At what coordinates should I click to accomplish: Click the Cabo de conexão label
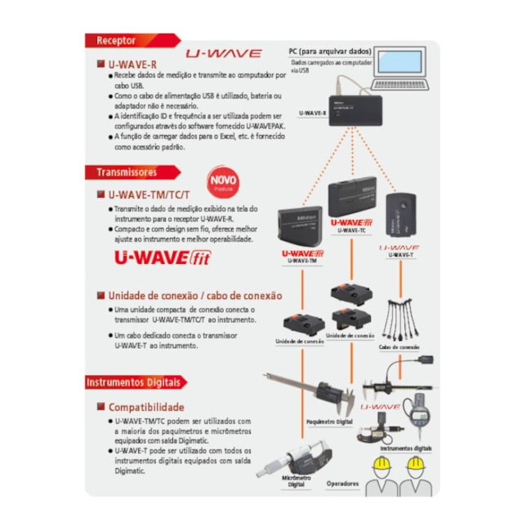[399, 347]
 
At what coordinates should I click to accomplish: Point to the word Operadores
[342, 484]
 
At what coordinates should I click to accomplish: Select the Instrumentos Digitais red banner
[136, 382]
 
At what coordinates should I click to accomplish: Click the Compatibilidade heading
[146, 406]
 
